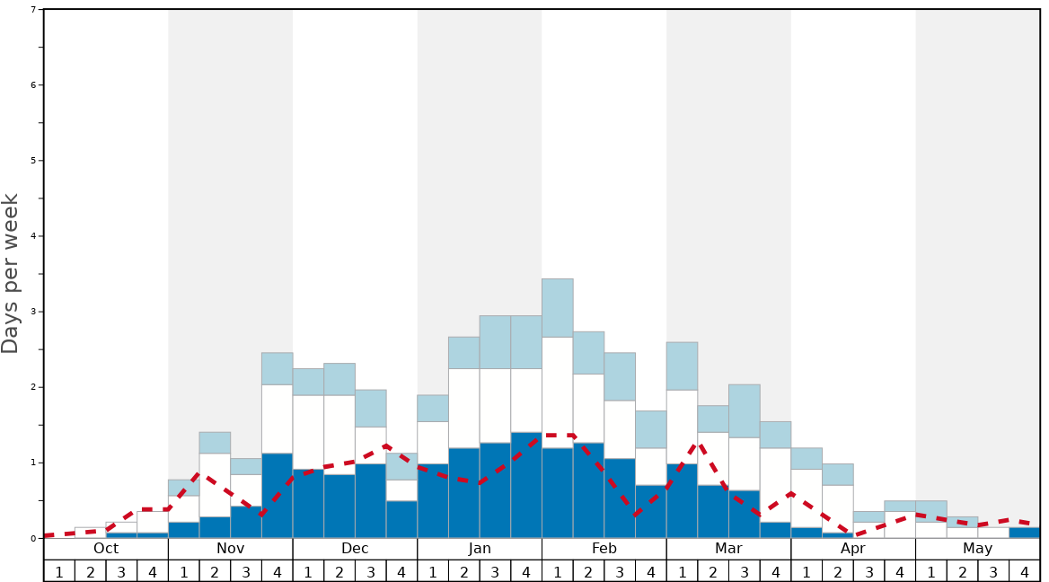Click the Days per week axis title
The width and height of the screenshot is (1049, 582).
point(11,273)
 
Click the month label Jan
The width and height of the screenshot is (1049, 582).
point(480,549)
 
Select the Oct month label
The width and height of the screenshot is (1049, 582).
point(106,549)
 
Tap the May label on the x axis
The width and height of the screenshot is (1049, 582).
point(978,549)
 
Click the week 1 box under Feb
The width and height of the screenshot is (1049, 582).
point(558,571)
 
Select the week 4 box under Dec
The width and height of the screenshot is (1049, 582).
point(401,571)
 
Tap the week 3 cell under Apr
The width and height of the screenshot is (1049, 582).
point(869,571)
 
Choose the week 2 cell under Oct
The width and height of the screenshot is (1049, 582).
point(91,571)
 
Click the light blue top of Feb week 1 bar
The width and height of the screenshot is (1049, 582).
point(558,308)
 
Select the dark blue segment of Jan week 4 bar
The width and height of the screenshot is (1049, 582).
point(526,485)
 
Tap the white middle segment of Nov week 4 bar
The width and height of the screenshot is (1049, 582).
point(278,419)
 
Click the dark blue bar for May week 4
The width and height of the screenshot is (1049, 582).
point(1025,533)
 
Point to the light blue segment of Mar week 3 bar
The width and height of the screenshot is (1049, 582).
point(745,411)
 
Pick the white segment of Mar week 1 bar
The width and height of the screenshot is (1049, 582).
point(682,427)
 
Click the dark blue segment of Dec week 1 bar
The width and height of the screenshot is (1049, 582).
point(308,503)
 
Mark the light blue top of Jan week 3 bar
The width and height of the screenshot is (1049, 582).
point(495,342)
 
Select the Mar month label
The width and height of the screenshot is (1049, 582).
point(728,549)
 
